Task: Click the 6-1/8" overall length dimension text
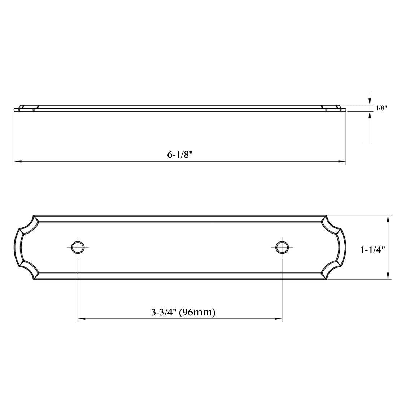[x=180, y=154]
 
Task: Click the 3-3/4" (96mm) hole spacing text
[x=183, y=312]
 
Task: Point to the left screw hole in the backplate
[x=77, y=247]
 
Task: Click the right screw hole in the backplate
[x=282, y=247]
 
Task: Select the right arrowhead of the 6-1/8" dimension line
[x=343, y=161]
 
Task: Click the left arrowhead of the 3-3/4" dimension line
[x=81, y=319]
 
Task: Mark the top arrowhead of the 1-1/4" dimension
[x=388, y=219]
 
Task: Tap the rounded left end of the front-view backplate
[x=17, y=248]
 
